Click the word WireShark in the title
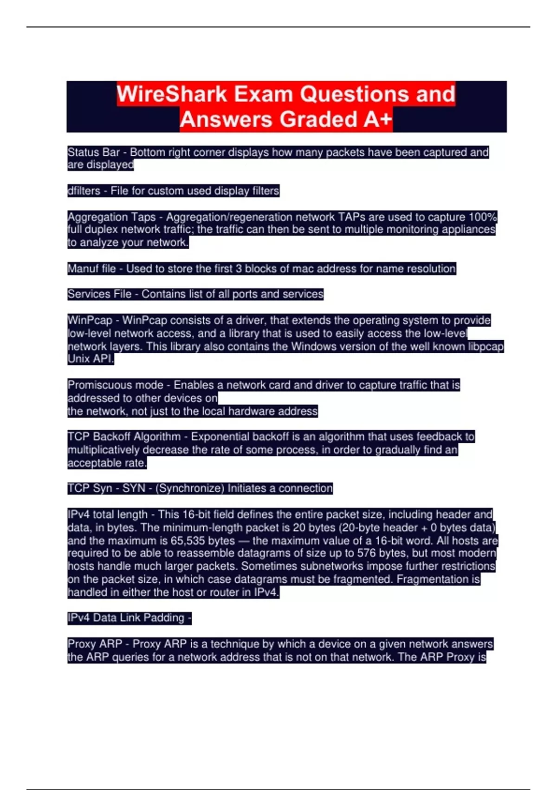tap(172, 94)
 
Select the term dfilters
tap(84, 191)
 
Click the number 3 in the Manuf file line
tap(239, 269)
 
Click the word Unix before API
tap(78, 359)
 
